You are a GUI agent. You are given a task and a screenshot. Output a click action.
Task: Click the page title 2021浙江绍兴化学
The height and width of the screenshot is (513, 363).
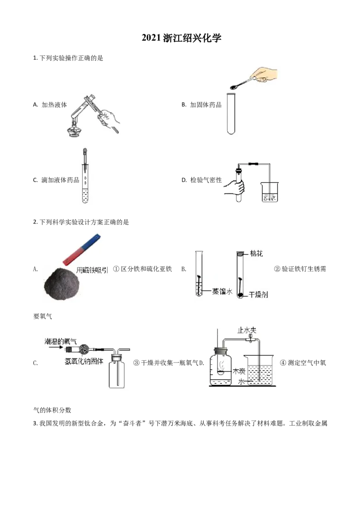[181, 38]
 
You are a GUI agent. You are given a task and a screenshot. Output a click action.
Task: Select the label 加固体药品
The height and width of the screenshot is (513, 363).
[206, 105]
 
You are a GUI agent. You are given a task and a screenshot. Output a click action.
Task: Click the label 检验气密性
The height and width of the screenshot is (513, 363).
[206, 180]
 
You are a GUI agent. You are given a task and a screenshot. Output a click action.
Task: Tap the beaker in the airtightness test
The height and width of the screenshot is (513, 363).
[270, 192]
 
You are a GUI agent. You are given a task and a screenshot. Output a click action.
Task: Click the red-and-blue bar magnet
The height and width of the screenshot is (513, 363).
[82, 249]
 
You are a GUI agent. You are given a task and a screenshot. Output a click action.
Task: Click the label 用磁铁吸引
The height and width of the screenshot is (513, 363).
[92, 270]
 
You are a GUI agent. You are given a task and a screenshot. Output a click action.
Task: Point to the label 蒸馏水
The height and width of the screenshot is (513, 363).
[222, 291]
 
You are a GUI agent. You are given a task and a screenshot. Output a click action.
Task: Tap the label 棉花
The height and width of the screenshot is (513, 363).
[256, 253]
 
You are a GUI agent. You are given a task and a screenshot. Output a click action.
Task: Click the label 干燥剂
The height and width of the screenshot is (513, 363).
[258, 295]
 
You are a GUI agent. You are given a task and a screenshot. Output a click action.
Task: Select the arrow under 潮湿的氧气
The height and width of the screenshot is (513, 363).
[54, 348]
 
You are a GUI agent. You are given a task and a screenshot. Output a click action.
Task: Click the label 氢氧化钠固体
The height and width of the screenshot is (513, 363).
[84, 361]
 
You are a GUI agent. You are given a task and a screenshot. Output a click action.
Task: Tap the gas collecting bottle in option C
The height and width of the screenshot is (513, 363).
[117, 373]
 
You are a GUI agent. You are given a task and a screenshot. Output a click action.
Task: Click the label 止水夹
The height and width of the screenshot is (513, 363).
[247, 330]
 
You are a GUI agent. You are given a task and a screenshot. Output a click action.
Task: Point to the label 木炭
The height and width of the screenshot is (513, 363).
[239, 371]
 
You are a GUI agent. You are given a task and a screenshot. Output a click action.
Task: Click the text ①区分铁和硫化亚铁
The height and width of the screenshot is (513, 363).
[142, 269]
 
